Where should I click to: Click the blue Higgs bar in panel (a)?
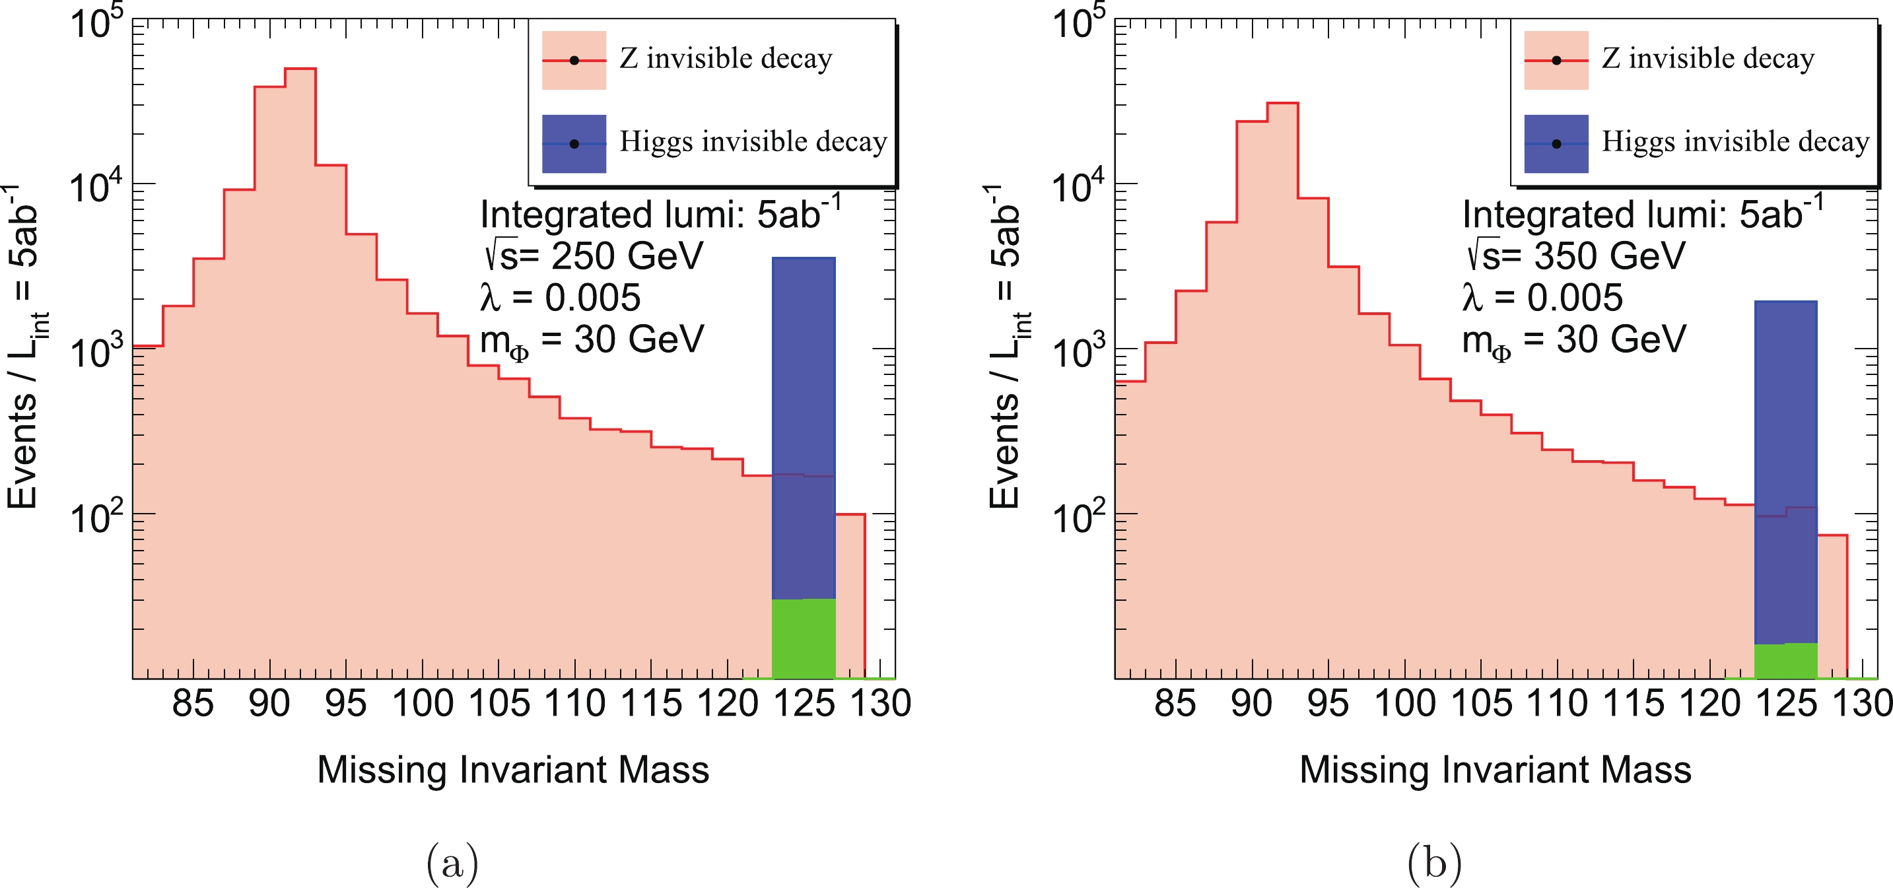[803, 368]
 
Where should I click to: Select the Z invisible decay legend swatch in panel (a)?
[574, 60]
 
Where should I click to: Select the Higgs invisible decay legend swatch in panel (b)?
[1556, 143]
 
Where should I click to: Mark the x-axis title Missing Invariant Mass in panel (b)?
[1496, 770]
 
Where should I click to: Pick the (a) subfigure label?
[452, 863]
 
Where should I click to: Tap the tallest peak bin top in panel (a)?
[300, 69]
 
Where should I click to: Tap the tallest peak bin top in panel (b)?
[1282, 104]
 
